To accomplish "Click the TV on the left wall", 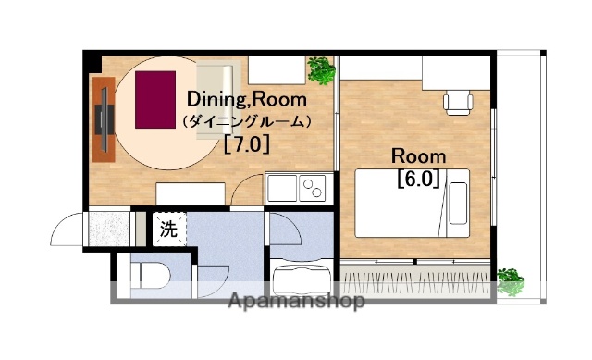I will [x=105, y=118].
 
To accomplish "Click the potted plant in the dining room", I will [x=321, y=69].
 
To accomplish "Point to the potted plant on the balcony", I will [x=510, y=279].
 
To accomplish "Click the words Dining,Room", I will [x=246, y=99].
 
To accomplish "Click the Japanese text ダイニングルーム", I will [x=246, y=121].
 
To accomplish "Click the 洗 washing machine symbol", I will [x=168, y=230].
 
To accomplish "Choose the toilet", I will [x=148, y=276].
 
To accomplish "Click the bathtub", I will [x=301, y=278].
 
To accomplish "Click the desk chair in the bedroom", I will [x=457, y=101].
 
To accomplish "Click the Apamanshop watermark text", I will [x=296, y=301].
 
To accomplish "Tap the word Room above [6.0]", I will [x=418, y=155].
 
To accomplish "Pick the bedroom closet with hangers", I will [x=416, y=275].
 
